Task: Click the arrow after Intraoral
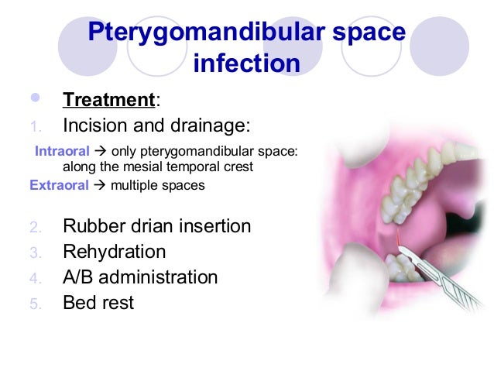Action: pyautogui.click(x=101, y=150)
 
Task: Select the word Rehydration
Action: pyautogui.click(x=114, y=252)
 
